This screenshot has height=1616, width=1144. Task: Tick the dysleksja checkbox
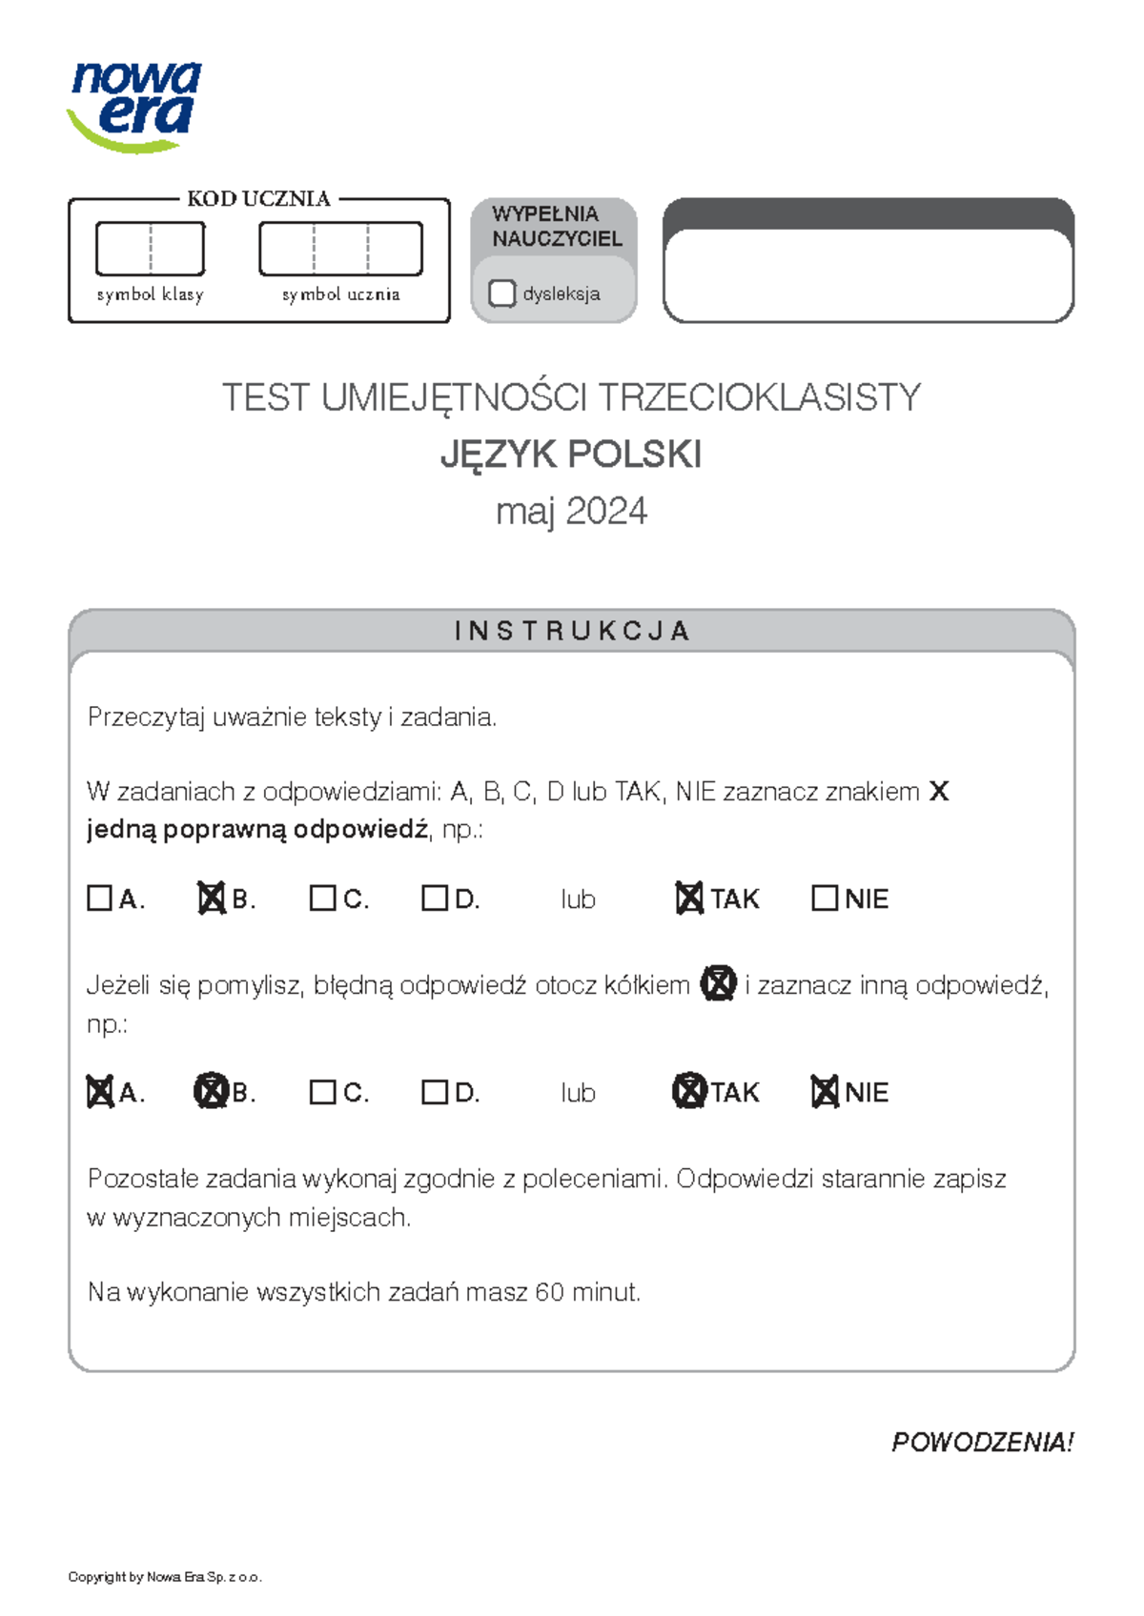click(501, 293)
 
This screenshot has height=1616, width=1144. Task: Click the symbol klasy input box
click(150, 249)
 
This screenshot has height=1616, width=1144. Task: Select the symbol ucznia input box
click(340, 249)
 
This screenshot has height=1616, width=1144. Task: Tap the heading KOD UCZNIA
click(258, 199)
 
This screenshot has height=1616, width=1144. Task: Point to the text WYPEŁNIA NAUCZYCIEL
click(557, 227)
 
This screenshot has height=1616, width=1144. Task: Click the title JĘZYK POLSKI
click(570, 454)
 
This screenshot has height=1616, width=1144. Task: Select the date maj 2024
click(570, 512)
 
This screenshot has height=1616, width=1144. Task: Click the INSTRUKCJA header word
click(571, 631)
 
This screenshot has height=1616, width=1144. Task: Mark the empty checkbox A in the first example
click(99, 898)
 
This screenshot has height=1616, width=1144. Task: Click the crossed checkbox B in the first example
click(211, 898)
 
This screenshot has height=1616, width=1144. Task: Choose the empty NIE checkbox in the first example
click(824, 898)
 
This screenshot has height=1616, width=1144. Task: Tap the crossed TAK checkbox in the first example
click(688, 898)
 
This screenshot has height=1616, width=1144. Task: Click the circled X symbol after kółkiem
click(718, 983)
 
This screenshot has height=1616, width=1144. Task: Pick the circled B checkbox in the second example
click(211, 1091)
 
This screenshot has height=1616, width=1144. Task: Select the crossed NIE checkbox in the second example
click(824, 1091)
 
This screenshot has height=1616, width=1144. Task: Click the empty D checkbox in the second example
click(434, 1091)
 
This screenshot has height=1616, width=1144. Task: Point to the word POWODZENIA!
click(982, 1442)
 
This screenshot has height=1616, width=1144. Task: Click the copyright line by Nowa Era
click(164, 1577)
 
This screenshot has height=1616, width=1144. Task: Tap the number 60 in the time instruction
click(549, 1292)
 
